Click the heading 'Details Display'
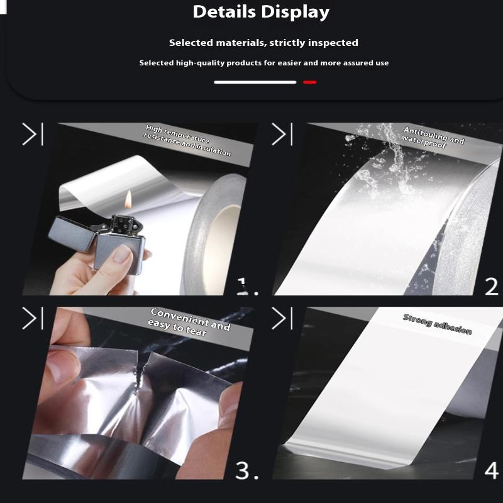tap(261, 13)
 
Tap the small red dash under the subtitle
tap(309, 82)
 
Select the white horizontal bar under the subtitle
tap(255, 82)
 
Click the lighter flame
tap(128, 199)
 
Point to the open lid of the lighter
tap(72, 233)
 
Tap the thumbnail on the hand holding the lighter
tap(121, 253)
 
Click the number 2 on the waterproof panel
tap(492, 287)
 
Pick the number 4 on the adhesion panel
tap(492, 470)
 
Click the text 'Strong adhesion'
tap(437, 324)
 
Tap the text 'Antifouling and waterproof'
tap(433, 137)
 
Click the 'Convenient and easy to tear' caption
tap(189, 322)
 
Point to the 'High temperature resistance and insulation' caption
tap(187, 140)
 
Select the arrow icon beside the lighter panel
tap(33, 134)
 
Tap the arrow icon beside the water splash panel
tap(282, 134)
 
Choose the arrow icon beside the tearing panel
tap(33, 318)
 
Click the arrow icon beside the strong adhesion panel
tap(282, 318)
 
